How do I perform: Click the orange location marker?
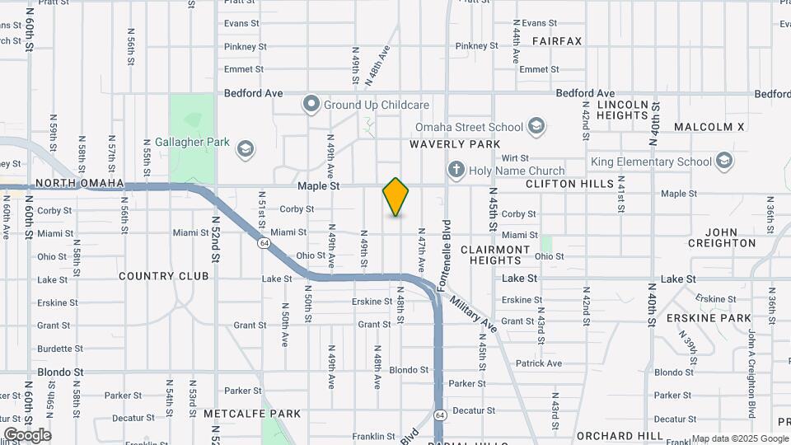tap(395, 197)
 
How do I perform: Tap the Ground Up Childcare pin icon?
tap(311, 105)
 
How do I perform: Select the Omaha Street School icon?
tap(536, 127)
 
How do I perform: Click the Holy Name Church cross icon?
tap(456, 171)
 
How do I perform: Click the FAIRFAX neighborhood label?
tap(557, 40)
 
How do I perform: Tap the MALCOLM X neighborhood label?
tap(709, 127)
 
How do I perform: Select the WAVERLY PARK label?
tap(455, 144)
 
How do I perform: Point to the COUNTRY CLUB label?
tap(163, 276)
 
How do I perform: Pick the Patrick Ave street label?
tap(538, 363)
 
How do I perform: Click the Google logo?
tap(27, 434)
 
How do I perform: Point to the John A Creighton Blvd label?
tap(751, 363)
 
